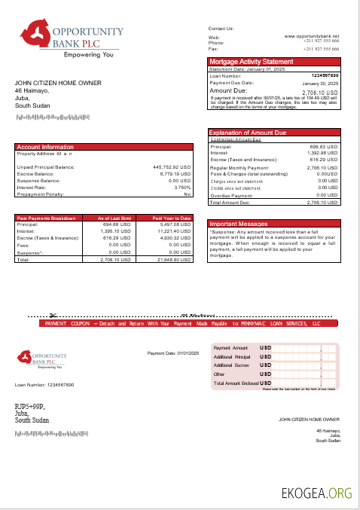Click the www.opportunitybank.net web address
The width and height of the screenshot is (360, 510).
(311, 35)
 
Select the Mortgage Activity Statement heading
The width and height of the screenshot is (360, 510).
(251, 61)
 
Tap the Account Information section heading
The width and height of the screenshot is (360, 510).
(45, 147)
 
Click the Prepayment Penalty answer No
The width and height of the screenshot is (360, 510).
(188, 194)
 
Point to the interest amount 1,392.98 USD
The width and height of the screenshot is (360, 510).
(322, 153)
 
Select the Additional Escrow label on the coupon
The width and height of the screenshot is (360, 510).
(232, 365)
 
